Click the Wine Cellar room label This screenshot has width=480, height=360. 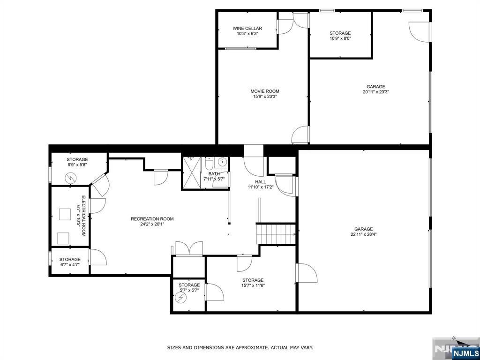[247, 29]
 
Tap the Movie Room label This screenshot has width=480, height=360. [265, 91]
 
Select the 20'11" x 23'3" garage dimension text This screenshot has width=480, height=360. [376, 91]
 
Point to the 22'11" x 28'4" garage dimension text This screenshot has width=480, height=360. [363, 234]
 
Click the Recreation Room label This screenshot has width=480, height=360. [152, 219]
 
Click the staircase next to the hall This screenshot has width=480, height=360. [276, 234]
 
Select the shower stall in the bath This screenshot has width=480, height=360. [192, 173]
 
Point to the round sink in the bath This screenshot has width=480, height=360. [223, 162]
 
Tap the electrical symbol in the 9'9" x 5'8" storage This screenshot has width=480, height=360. [70, 178]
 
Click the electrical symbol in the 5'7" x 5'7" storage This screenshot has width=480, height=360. [181, 297]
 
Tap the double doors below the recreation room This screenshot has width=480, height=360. [189, 248]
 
